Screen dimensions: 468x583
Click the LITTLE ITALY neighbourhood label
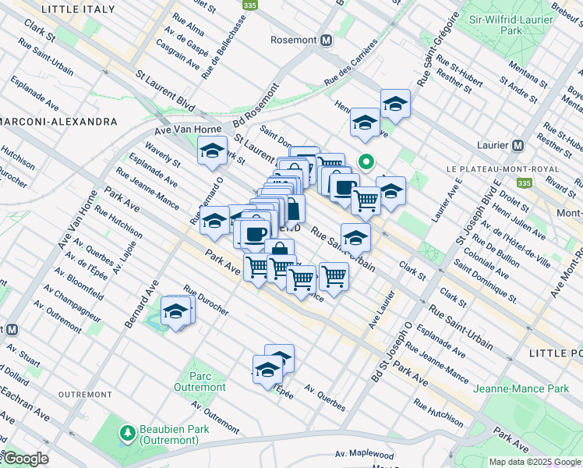(x=78, y=9)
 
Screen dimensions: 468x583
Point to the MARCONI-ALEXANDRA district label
(x=58, y=122)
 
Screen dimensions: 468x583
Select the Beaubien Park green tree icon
(x=125, y=431)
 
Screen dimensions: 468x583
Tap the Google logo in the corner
(x=25, y=459)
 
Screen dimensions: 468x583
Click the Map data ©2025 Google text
(x=534, y=462)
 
